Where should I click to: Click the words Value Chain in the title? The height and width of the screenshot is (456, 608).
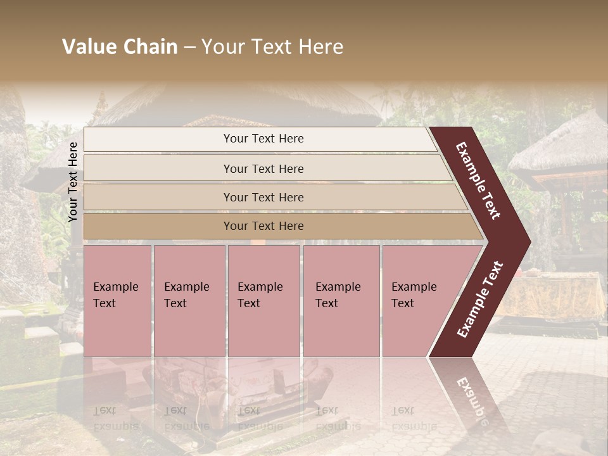[x=120, y=47]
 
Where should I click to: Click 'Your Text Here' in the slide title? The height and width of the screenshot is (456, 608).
[x=272, y=47]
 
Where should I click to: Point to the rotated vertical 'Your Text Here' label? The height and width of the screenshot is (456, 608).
[x=73, y=182]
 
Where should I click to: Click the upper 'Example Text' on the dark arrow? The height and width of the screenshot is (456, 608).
[x=478, y=180]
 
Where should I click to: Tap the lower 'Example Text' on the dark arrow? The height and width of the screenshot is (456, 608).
[x=480, y=300]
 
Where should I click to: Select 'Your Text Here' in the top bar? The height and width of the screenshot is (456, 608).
[x=263, y=139]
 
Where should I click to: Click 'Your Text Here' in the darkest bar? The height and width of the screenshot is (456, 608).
[x=263, y=226]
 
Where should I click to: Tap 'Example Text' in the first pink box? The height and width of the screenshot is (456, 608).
[x=115, y=295]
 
